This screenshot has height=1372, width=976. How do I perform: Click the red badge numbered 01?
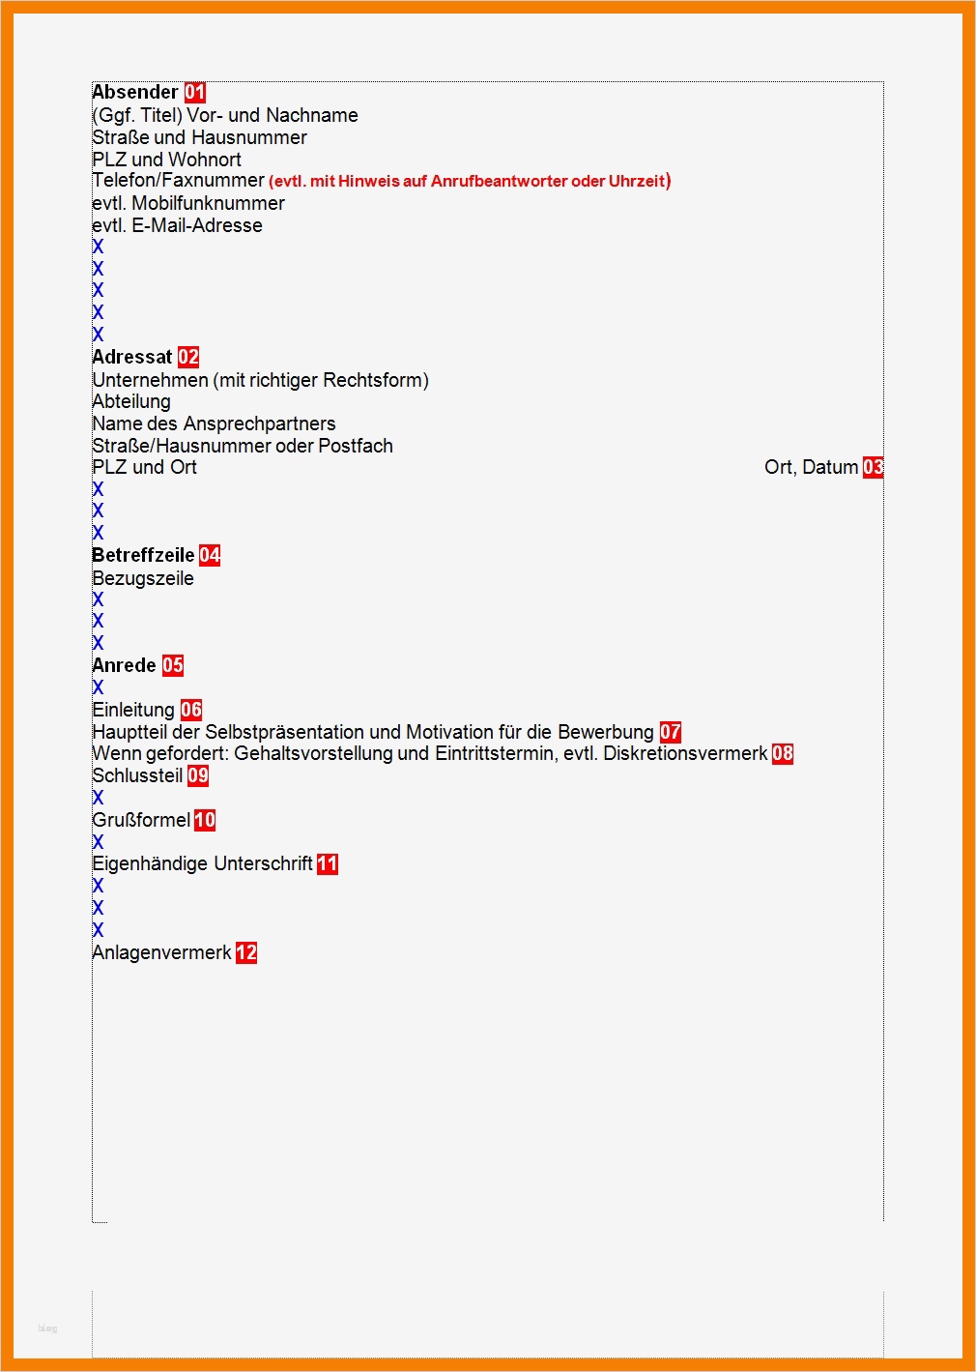point(195,92)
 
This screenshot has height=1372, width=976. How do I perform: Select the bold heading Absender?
point(135,92)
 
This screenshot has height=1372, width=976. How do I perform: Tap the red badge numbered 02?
point(188,357)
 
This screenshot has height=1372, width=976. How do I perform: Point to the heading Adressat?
point(132,357)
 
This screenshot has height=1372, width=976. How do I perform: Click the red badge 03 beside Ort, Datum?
point(873,467)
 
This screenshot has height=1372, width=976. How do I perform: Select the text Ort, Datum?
point(811,467)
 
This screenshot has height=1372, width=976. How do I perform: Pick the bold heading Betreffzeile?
point(143,555)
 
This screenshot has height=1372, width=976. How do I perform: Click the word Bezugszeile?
point(143,578)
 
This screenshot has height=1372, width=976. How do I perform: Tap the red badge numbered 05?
point(173,665)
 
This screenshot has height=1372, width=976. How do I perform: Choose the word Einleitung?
point(133,710)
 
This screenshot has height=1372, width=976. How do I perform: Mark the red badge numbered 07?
point(671,732)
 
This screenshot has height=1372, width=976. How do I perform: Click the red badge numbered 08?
point(783,753)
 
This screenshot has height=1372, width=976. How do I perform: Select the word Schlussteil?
point(137,775)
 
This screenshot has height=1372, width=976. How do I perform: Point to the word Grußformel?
point(141,820)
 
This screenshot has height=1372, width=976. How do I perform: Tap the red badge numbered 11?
point(328,863)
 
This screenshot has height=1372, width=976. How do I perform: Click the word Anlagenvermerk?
point(161,952)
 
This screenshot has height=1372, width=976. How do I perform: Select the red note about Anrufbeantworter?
point(470,181)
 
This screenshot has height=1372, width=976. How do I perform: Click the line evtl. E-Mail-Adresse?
point(177,225)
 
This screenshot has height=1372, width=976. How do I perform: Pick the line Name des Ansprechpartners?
point(214,423)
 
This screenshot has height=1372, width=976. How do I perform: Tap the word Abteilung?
point(131,401)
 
